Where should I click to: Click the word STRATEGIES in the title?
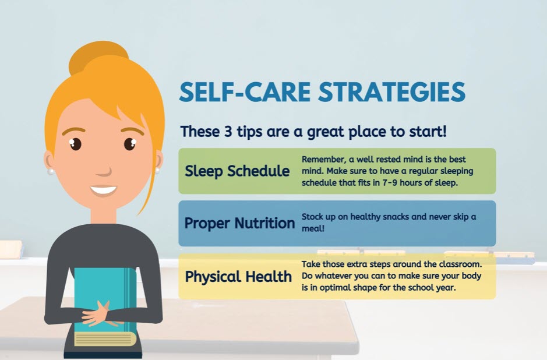point(392,91)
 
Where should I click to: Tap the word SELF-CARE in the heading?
point(245,91)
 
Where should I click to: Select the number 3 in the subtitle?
point(228,132)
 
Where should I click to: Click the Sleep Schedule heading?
point(237,171)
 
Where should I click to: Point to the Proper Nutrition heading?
point(239,223)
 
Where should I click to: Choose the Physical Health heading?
point(238,277)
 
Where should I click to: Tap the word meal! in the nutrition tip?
point(313,228)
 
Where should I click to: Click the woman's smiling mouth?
point(103,190)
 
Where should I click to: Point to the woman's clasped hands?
point(96,314)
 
